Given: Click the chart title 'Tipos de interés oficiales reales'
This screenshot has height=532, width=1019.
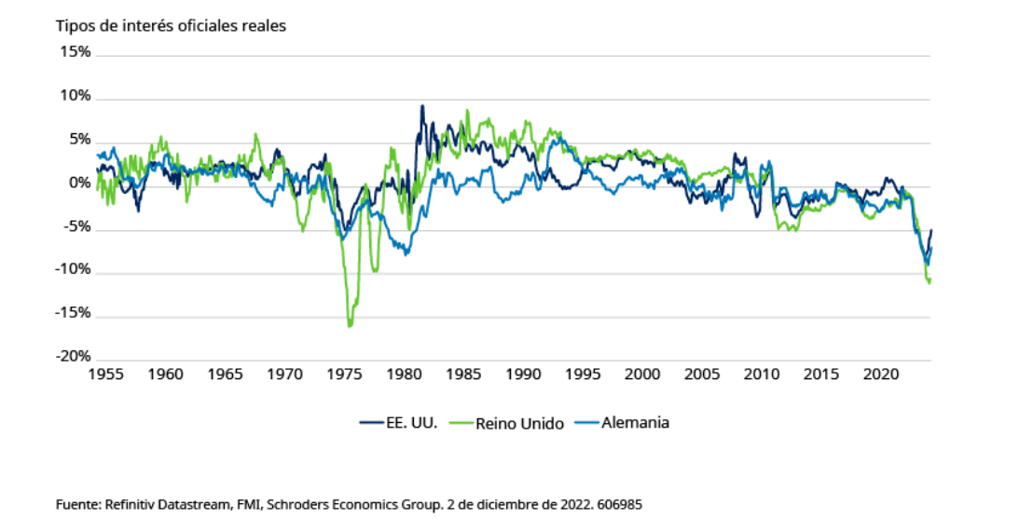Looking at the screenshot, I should [x=171, y=25].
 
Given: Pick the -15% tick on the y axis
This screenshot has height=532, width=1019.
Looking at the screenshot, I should [x=75, y=313].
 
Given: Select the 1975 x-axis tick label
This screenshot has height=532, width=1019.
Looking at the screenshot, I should [x=344, y=375].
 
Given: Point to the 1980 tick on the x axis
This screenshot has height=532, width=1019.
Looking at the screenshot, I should [x=404, y=375].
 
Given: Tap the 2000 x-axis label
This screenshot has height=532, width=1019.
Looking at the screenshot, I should [x=642, y=375].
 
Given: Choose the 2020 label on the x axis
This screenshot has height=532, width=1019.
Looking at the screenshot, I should [x=881, y=375].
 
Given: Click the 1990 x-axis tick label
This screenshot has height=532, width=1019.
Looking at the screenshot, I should [x=523, y=375].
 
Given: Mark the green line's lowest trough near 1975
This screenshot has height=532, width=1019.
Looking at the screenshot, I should [x=350, y=326].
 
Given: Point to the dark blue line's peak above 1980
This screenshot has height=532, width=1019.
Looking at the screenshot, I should [x=422, y=106].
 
